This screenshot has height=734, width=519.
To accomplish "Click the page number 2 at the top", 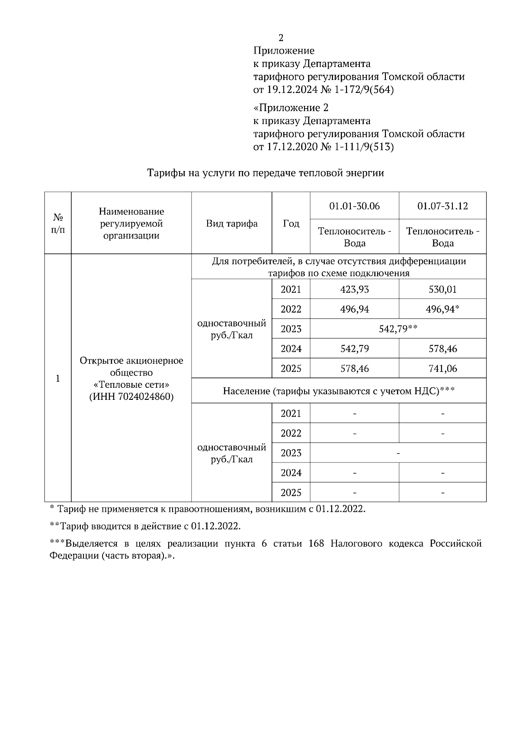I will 281,38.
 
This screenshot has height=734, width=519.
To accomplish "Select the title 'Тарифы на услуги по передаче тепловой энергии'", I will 266,173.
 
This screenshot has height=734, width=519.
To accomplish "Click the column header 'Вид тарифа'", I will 232,223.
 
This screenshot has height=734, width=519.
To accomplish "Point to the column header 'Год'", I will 291,223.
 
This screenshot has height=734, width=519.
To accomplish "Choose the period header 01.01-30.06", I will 354,206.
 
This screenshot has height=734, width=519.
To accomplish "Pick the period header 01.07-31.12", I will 442,206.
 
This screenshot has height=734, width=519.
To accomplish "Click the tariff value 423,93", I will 355,289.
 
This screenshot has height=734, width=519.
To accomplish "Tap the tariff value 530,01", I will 442,289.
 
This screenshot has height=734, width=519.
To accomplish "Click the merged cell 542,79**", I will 398,329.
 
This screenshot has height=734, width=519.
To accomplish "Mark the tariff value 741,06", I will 442,369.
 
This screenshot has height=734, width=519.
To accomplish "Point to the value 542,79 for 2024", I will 355,349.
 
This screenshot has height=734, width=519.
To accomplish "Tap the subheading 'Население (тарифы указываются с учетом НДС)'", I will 331,391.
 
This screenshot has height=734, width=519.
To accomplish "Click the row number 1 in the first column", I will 58,379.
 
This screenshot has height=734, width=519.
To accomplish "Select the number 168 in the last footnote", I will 317,543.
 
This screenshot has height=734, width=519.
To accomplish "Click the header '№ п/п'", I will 58,223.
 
